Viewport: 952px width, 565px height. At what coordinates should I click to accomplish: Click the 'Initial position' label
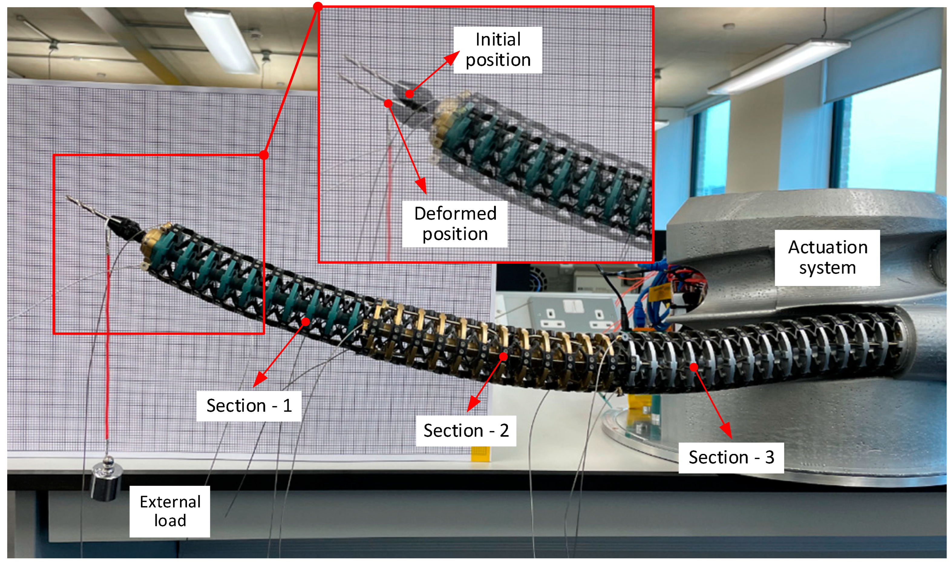[x=497, y=50]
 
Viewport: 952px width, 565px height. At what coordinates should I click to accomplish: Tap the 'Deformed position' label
[x=455, y=224]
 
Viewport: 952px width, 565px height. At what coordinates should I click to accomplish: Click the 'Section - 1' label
[x=249, y=406]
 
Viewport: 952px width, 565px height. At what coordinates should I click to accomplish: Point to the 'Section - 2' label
[x=466, y=431]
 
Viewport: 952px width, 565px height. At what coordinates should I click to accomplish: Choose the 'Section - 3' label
[x=731, y=457]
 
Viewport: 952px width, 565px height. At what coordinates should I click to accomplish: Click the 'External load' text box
[x=170, y=511]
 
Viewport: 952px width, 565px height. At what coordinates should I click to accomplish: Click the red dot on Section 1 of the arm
[x=306, y=322]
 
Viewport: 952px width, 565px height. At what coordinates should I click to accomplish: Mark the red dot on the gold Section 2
[x=503, y=356]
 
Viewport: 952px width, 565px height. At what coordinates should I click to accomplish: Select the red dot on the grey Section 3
[x=694, y=367]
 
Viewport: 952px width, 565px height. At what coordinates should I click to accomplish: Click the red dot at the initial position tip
[x=409, y=94]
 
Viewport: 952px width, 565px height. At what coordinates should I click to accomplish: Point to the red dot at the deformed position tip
[x=388, y=103]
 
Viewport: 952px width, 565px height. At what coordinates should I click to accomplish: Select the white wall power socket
[x=571, y=314]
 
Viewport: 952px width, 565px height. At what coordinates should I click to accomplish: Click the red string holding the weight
[x=108, y=343]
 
